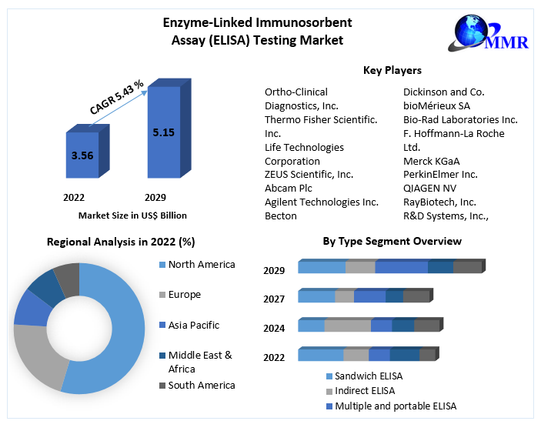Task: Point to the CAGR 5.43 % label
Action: tap(117, 97)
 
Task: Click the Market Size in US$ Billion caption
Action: tap(132, 215)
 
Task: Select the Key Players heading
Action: tap(392, 71)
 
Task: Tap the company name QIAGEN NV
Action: tap(429, 189)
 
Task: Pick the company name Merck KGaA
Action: tap(431, 161)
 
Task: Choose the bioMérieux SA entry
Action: tap(437, 105)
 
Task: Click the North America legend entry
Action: tap(202, 265)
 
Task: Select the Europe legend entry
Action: tap(184, 295)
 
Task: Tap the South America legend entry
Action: tap(202, 385)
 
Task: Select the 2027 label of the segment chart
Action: tap(274, 299)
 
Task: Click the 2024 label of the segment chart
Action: tap(274, 329)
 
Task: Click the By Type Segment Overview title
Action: tap(392, 242)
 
